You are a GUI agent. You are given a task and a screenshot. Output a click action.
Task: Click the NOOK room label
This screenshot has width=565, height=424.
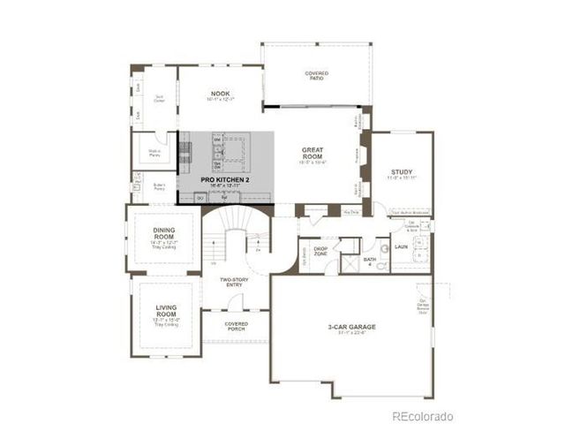coord(220,93)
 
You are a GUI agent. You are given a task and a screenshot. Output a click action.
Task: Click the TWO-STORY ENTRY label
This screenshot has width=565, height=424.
coord(235,282)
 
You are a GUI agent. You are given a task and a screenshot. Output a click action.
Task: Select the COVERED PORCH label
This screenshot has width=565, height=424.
coord(236,326)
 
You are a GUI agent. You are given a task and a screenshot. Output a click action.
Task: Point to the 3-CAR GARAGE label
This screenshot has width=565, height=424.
coord(351,328)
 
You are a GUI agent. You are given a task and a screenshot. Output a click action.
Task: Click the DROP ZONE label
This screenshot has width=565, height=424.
coord(320,251)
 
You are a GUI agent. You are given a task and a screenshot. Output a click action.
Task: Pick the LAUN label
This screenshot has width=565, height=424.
coord(401,246)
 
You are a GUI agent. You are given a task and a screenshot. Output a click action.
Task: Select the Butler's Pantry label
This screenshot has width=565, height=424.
coord(159,187)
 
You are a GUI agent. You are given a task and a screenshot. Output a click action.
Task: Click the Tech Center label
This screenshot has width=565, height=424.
coord(159,100)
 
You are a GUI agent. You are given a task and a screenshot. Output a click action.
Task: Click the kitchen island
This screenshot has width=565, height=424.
coord(225,154)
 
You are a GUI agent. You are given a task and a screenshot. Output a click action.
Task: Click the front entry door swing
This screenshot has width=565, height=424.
coord(235,302)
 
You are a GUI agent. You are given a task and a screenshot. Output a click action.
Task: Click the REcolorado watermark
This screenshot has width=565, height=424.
coord(423,414)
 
